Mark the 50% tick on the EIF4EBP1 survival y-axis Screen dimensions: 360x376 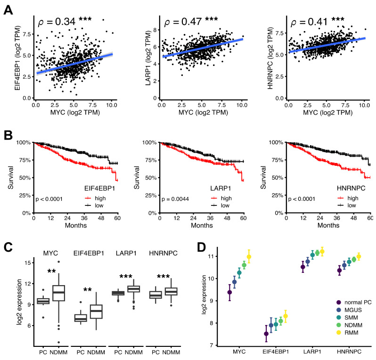click(x=25, y=178)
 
